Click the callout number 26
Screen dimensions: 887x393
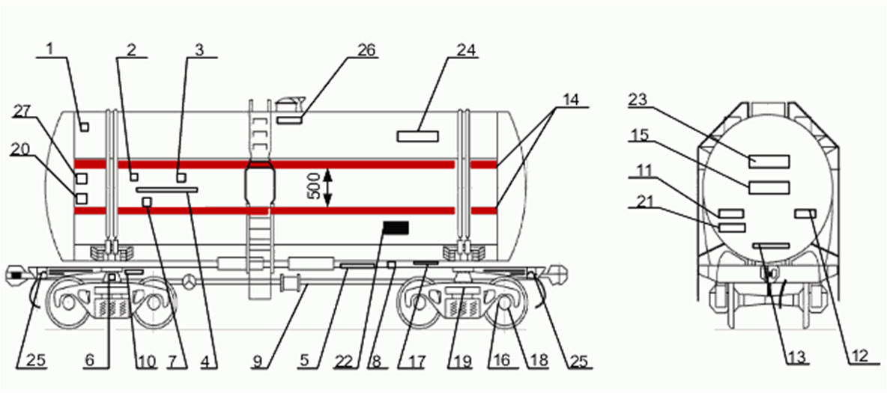[367, 50]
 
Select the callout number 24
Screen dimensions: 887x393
[466, 50]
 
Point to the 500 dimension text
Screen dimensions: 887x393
[314, 185]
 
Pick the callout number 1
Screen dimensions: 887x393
[50, 50]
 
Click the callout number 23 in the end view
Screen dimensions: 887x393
[638, 99]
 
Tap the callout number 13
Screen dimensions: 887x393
[796, 358]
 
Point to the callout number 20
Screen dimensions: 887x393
[20, 150]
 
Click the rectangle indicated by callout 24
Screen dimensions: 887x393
[417, 135]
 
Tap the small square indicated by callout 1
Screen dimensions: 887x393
[85, 127]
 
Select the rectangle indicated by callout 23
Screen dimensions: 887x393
[769, 160]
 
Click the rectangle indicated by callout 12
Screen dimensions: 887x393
[805, 215]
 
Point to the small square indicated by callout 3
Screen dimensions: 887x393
[181, 177]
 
